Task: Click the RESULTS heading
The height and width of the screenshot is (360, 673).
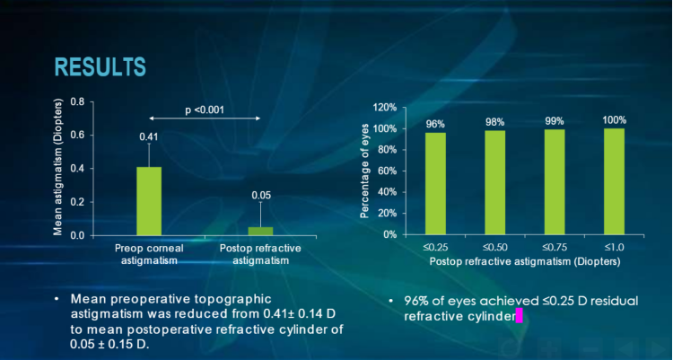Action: [100, 66]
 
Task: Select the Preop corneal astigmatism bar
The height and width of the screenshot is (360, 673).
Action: [149, 200]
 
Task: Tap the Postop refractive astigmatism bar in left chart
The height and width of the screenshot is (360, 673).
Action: [260, 231]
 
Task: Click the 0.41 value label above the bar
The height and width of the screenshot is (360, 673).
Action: [148, 136]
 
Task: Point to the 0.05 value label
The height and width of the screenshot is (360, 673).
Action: [260, 196]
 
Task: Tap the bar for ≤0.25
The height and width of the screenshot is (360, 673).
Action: [435, 183]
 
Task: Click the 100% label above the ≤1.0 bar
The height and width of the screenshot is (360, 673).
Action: [615, 119]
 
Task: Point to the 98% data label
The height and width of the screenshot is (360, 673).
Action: [496, 123]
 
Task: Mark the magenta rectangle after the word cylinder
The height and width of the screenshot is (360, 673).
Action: [520, 316]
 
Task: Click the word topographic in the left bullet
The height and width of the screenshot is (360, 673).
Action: [240, 297]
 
